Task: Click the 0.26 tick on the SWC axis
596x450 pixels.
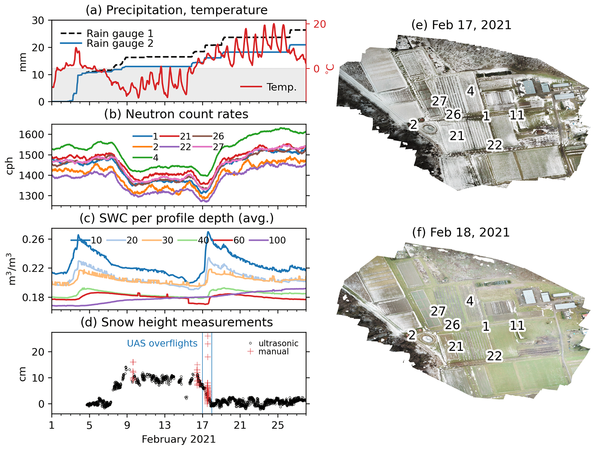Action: click(33, 239)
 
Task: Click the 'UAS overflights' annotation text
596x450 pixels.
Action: click(162, 343)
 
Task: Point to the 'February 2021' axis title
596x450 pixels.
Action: click(178, 439)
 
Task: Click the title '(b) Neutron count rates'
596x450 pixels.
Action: click(176, 114)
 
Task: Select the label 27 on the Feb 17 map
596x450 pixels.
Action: click(439, 101)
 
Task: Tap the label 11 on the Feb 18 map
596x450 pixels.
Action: click(517, 326)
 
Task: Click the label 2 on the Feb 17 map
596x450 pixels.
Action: click(413, 125)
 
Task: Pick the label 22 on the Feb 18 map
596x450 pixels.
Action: click(495, 356)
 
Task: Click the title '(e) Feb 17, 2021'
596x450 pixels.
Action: click(461, 25)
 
